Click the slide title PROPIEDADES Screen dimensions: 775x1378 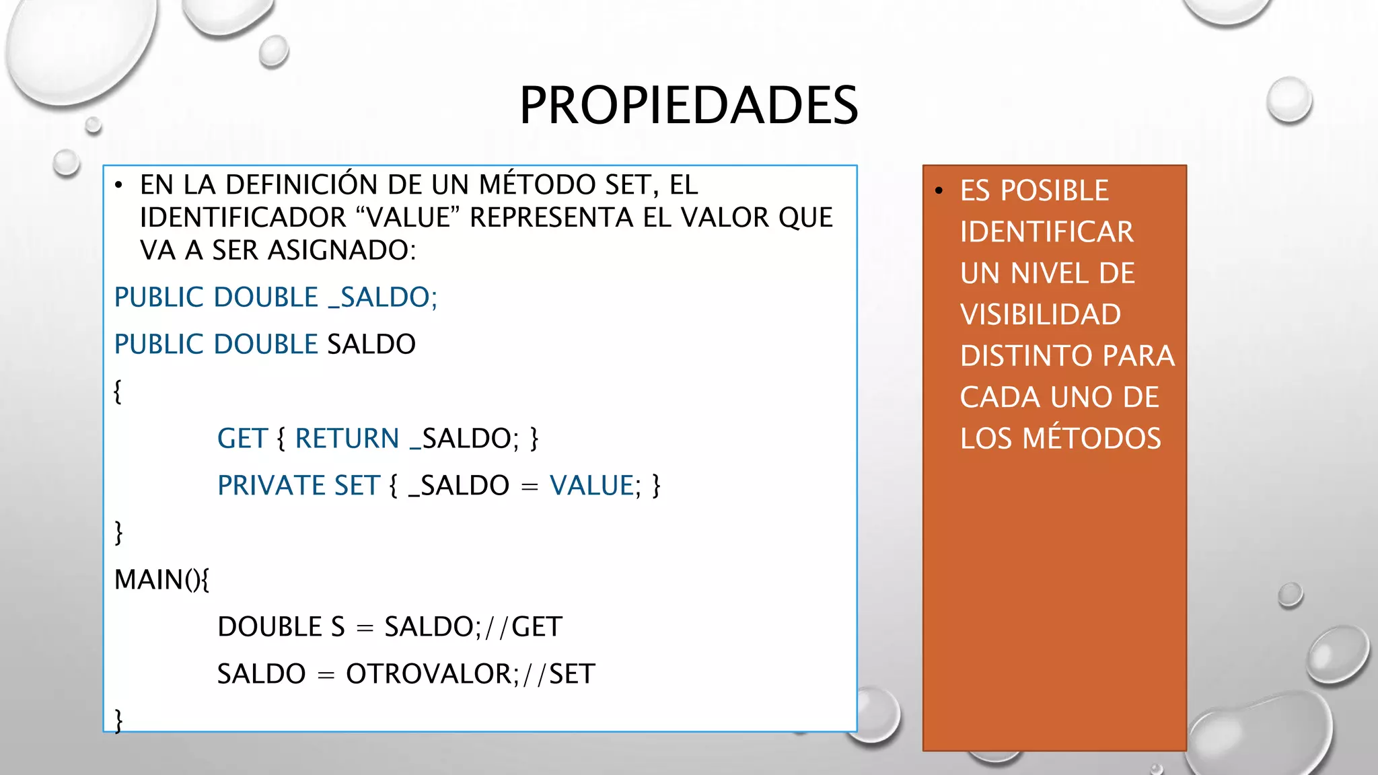[688, 106]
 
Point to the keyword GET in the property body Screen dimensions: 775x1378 [242, 439]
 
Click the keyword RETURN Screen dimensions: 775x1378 [347, 439]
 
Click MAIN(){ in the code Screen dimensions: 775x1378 [162, 580]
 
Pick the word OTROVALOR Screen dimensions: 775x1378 [429, 674]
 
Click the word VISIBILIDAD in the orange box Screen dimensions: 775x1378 [1040, 315]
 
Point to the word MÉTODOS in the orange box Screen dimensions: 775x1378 [1091, 439]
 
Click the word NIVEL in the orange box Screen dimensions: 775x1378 [1049, 274]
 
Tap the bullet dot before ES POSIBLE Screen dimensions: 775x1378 [939, 192]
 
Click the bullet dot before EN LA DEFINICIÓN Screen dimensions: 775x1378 [119, 186]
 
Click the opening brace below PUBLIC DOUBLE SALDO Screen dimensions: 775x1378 [118, 392]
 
